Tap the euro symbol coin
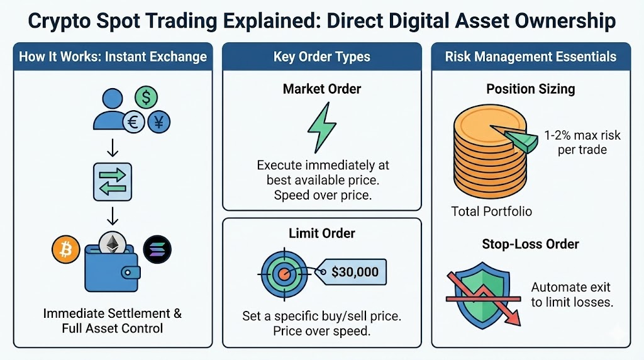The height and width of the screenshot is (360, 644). pos(133,122)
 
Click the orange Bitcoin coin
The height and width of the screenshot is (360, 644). pos(65,250)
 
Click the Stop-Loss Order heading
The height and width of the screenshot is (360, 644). pos(530,244)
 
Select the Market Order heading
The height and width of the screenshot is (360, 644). pos(322,89)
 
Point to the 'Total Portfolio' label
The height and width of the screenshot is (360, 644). pos(491,211)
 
